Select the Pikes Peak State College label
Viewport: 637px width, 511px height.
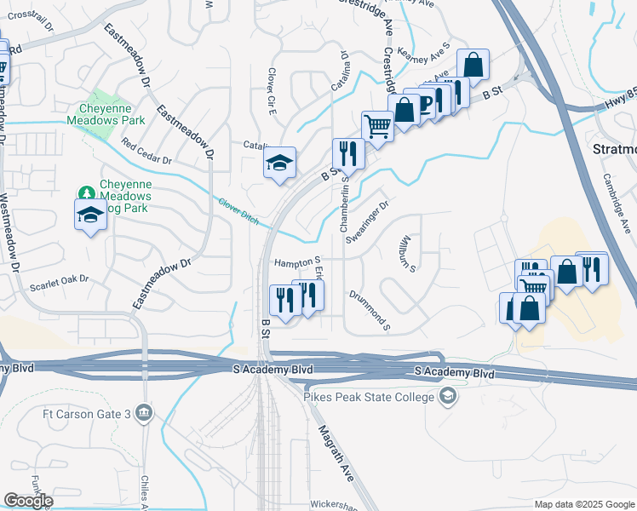(368, 397)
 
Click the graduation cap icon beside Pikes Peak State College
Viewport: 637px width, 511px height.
(447, 397)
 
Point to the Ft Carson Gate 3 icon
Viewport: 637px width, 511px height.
(145, 414)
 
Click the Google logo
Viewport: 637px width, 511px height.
(28, 501)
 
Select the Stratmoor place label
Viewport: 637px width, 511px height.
(613, 149)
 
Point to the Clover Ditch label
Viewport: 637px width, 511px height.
(238, 212)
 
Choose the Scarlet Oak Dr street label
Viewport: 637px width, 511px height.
(60, 278)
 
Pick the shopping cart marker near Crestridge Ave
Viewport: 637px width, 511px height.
(376, 126)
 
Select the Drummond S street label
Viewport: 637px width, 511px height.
(369, 309)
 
